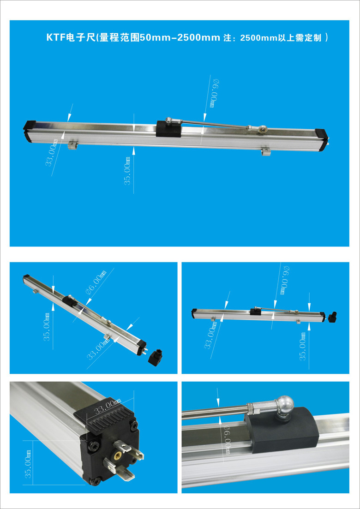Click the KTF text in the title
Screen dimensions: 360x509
point(56,38)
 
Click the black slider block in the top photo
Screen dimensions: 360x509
point(168,129)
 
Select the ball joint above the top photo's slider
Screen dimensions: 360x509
point(169,120)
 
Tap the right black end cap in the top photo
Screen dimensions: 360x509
point(323,139)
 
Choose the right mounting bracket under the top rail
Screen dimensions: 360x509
point(266,151)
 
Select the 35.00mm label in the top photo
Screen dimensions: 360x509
point(128,170)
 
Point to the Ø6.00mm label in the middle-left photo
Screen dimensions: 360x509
point(96,283)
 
